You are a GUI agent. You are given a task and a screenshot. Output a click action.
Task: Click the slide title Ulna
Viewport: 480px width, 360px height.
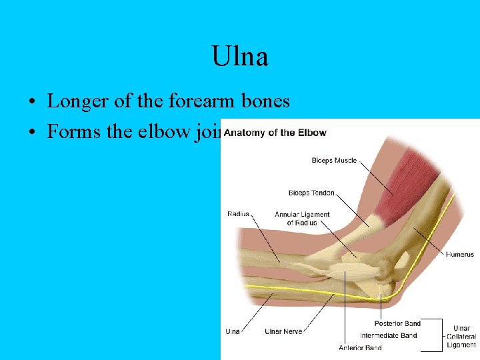pyautogui.click(x=240, y=57)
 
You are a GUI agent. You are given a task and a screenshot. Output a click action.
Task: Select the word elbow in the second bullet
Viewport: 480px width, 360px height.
pyautogui.click(x=153, y=131)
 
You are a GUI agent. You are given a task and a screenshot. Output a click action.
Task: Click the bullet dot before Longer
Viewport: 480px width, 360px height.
pyautogui.click(x=32, y=103)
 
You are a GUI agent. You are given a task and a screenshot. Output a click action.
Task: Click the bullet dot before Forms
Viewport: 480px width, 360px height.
pyautogui.click(x=32, y=133)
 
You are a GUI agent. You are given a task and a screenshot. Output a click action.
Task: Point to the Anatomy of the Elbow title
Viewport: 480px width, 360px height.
pyautogui.click(x=275, y=132)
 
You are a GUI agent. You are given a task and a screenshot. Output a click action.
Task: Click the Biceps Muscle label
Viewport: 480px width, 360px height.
pyautogui.click(x=334, y=161)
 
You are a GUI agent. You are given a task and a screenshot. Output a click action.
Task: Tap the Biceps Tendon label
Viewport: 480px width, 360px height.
pyautogui.click(x=311, y=193)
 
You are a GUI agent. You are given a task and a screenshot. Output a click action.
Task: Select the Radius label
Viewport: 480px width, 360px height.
pyautogui.click(x=238, y=213)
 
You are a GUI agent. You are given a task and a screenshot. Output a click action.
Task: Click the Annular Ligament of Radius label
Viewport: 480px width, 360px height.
pyautogui.click(x=302, y=218)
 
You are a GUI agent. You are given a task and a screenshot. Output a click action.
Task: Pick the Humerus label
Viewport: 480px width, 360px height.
pyautogui.click(x=460, y=254)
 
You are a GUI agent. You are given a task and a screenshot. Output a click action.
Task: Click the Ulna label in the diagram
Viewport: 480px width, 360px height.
pyautogui.click(x=233, y=331)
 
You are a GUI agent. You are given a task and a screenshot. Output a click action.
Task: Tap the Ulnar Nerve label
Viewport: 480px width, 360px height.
pyautogui.click(x=283, y=331)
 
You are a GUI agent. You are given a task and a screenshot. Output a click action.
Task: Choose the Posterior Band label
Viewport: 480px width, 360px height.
pyautogui.click(x=397, y=323)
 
